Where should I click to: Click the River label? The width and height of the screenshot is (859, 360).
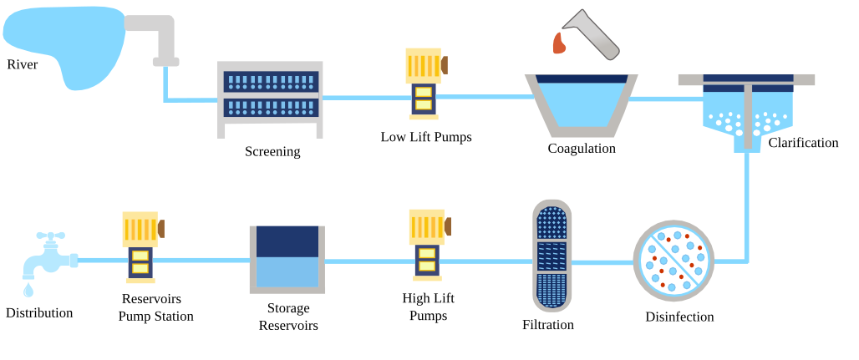pos(23,65)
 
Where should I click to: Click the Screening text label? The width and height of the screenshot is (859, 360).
pos(272,152)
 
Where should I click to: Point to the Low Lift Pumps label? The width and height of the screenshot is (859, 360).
pos(426,137)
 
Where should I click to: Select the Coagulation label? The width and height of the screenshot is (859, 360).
pos(582,149)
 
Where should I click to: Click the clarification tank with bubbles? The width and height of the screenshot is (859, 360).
pos(746,113)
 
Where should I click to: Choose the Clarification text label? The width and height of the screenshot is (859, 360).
pos(803,143)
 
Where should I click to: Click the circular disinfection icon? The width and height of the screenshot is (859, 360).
pos(673,261)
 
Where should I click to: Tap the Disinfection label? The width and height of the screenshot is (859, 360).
pos(679,317)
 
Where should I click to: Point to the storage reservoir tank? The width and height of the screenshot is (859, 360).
pos(287,259)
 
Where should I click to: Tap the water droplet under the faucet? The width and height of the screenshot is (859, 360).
pos(28,290)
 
